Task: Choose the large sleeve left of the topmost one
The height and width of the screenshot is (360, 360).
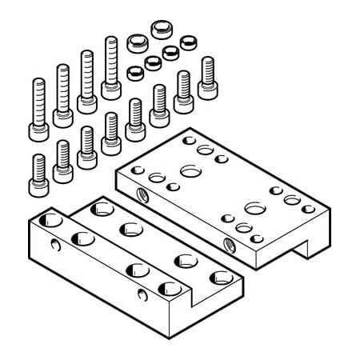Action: [x=137, y=41]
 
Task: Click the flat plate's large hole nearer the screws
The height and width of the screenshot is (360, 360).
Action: [x=190, y=170]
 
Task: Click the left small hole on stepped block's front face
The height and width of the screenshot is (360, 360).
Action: [x=55, y=244]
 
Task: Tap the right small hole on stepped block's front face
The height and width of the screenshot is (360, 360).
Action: [x=142, y=297]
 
